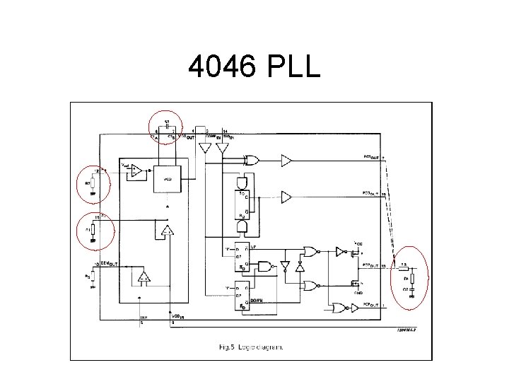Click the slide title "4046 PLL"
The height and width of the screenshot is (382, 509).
(x=254, y=70)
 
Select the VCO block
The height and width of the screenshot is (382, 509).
(x=166, y=178)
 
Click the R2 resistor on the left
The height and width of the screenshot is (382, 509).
(x=93, y=185)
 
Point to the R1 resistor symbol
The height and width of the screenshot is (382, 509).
(x=93, y=231)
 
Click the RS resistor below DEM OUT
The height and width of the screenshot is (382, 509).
(x=93, y=277)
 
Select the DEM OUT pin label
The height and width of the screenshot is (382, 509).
(x=110, y=263)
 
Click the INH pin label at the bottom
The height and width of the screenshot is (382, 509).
(x=142, y=318)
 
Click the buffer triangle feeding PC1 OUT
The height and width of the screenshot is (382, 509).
(x=286, y=161)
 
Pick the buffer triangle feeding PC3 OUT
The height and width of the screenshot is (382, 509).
(x=286, y=196)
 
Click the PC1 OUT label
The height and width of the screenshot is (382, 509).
(x=372, y=157)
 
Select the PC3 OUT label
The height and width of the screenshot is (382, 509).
(x=372, y=192)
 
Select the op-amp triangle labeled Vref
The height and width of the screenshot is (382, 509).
(x=136, y=170)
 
